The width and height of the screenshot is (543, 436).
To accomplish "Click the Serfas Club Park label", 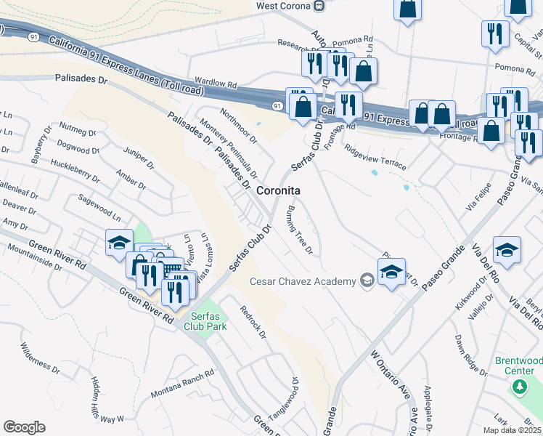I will click(x=209, y=320).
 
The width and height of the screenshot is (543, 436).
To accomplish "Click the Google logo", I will click(x=24, y=427).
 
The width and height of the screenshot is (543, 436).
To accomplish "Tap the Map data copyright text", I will click(x=512, y=430).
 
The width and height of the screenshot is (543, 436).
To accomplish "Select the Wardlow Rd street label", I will click(x=216, y=84).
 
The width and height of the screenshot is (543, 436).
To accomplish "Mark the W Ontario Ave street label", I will click(x=392, y=377).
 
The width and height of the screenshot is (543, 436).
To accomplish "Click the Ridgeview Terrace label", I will click(x=375, y=159).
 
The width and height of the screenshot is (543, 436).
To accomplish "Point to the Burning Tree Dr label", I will click(x=299, y=231).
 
